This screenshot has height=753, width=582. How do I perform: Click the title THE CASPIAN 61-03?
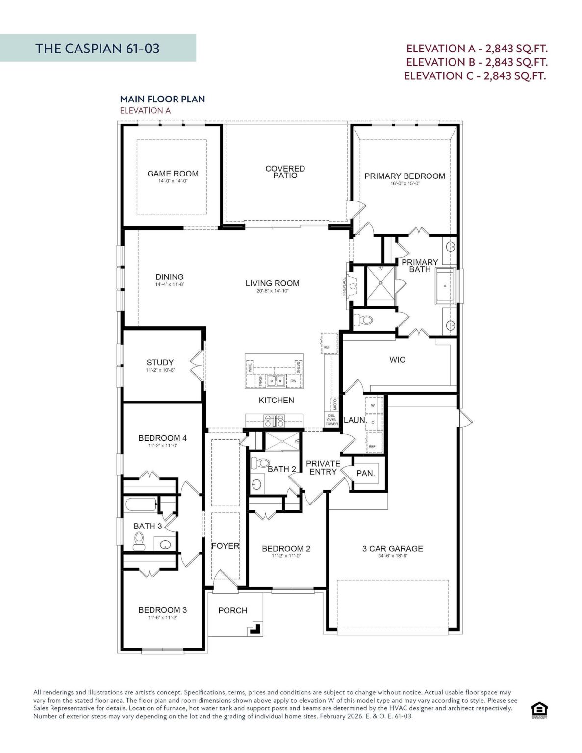pos(98,48)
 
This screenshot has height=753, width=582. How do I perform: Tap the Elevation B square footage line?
pos(477,62)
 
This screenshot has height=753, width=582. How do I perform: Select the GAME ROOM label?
pos(173,174)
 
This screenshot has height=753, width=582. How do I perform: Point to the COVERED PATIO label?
pos(285,172)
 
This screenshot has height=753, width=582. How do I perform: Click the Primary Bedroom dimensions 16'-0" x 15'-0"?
pos(405,184)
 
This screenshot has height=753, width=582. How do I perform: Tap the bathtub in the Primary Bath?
pos(445,286)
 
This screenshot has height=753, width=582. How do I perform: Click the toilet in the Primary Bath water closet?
pos(364,320)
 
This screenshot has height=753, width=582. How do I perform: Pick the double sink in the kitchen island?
pos(276,380)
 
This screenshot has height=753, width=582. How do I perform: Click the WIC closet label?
pos(397,360)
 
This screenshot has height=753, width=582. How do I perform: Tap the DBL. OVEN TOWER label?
pos(332,420)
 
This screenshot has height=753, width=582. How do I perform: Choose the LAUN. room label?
pos(354,420)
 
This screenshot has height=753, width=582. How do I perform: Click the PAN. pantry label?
pos(365,474)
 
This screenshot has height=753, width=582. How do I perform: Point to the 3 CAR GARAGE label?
pos(392,549)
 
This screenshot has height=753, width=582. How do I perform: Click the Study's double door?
pos(196,365)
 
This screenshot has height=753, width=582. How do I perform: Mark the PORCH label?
pos(232,610)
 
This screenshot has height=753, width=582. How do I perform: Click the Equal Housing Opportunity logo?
pos(539,709)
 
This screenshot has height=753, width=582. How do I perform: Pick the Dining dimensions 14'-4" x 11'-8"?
pos(170,284)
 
